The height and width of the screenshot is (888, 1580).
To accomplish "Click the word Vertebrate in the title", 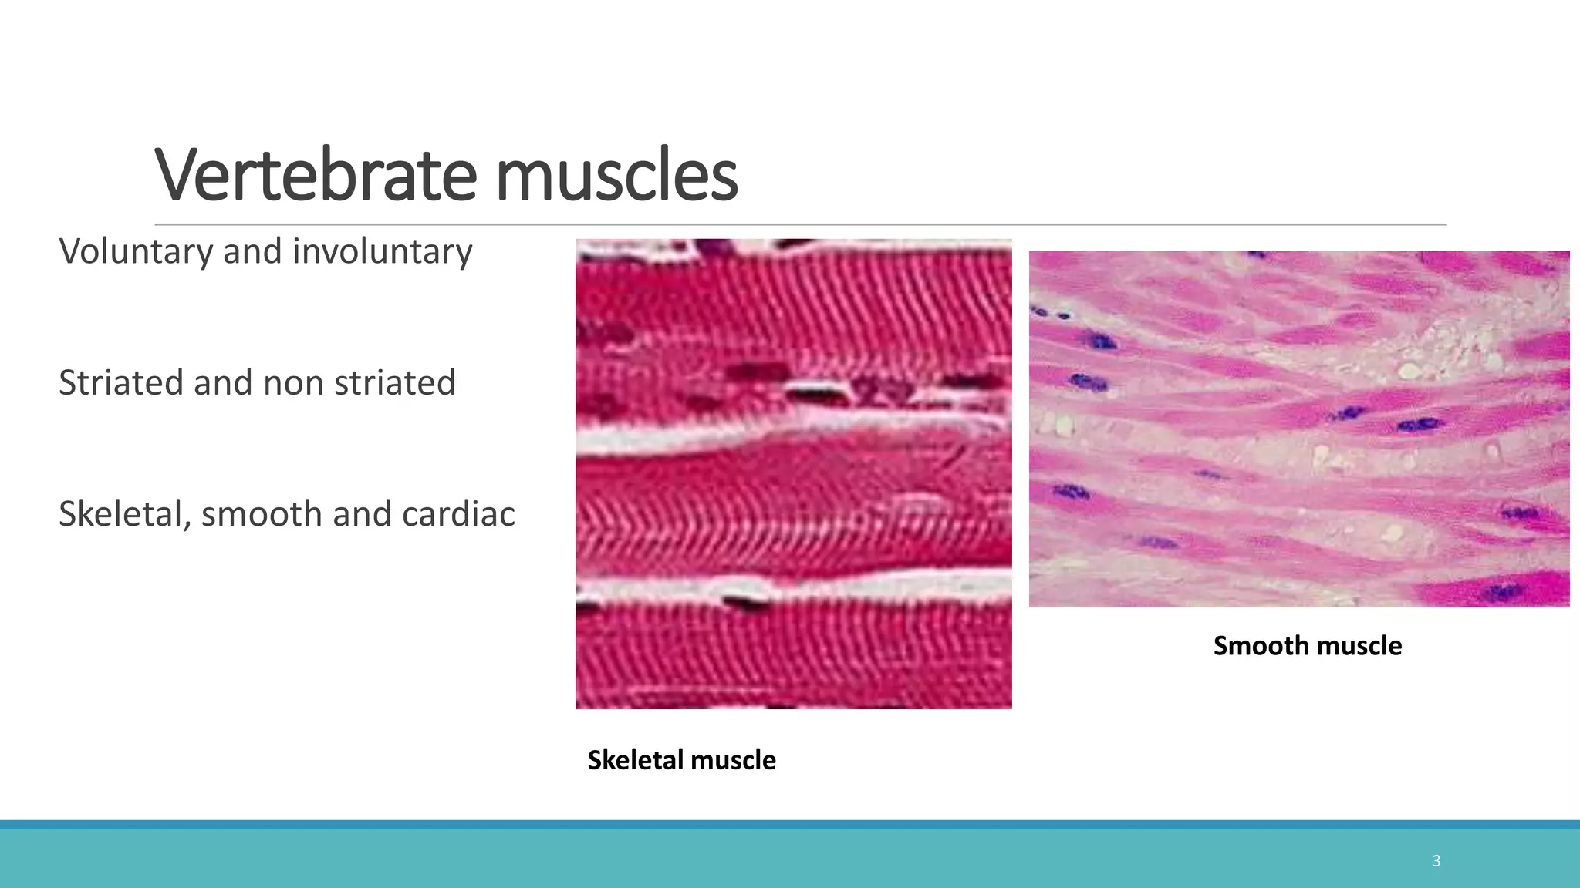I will click(x=316, y=176).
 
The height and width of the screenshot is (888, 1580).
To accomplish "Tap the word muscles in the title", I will click(x=616, y=176).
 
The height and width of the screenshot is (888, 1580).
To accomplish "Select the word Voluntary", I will click(x=136, y=252).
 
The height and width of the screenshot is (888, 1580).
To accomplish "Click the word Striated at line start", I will click(x=121, y=383).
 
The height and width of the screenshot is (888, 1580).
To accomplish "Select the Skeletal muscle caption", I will click(x=682, y=760).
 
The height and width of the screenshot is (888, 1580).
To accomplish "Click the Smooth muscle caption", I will click(x=1308, y=646).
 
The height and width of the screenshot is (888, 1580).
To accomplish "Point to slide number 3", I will click(x=1436, y=861).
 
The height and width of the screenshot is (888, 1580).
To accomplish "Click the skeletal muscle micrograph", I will click(x=793, y=474).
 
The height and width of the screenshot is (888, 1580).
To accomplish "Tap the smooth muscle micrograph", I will click(x=1299, y=429).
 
